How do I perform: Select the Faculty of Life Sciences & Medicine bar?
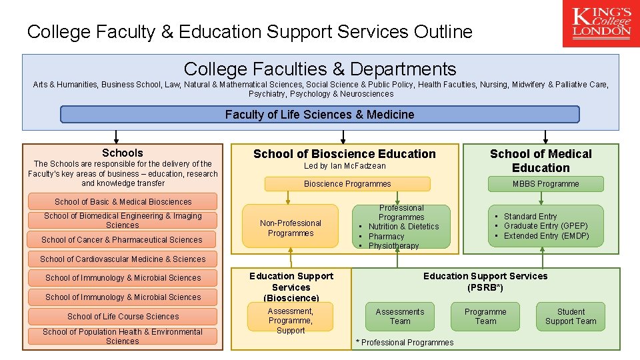point(319,115)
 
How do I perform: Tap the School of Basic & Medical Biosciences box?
point(123,201)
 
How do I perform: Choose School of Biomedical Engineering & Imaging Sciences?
point(123,221)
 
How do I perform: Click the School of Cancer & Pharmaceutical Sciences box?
point(123,239)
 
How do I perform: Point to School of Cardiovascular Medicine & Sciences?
point(123,259)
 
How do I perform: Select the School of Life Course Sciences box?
point(123,316)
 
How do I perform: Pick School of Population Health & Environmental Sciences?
point(123,336)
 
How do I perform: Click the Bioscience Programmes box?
point(347,184)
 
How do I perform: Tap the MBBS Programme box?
point(545,184)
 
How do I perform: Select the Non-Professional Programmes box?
point(290,228)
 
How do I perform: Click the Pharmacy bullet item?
point(386,236)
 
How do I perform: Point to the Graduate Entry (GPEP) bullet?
point(545,226)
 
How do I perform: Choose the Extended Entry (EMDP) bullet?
point(546,235)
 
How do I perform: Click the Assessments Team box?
point(400,316)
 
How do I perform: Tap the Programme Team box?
point(485,316)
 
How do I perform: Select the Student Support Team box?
point(571,316)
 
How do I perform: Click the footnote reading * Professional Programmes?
point(405,343)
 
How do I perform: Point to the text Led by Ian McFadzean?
point(345,166)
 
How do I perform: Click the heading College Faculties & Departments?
point(320,69)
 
